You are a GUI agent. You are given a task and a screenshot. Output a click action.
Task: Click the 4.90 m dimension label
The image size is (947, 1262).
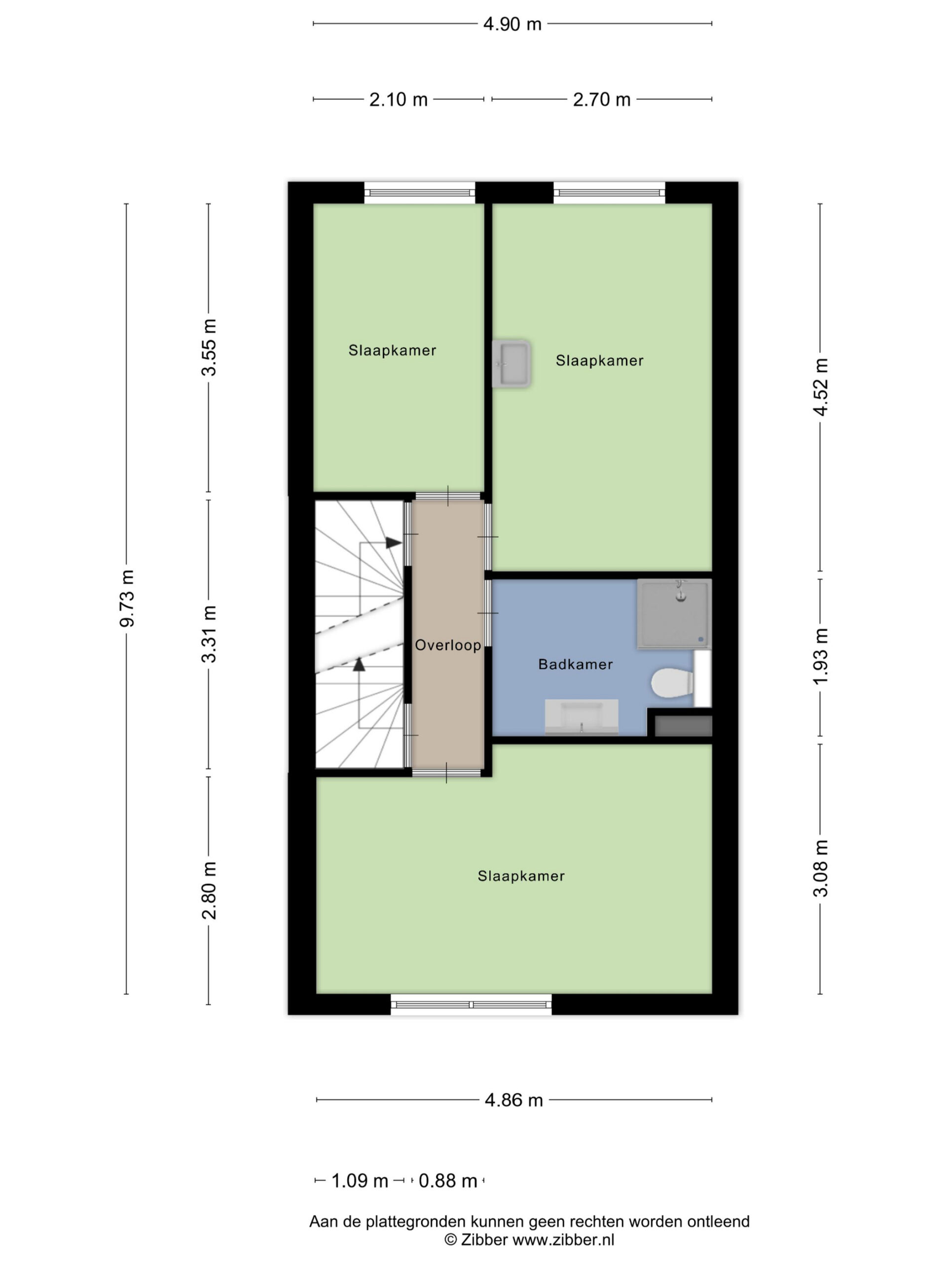pos(512,24)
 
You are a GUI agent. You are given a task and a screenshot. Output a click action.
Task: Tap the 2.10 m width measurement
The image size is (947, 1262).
pos(399,100)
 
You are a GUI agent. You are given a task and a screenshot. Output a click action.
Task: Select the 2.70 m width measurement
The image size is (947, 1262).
pos(602,100)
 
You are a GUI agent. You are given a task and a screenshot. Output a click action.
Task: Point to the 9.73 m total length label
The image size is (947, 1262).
pos(127,598)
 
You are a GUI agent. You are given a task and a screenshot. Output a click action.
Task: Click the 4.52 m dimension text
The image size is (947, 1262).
pos(820,387)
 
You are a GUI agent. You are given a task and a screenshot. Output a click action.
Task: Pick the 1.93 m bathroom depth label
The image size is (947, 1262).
pos(820,656)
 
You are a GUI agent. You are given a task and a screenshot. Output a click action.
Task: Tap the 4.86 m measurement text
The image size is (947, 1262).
pos(514,1099)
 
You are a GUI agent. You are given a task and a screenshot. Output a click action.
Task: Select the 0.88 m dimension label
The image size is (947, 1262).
pos(448,1181)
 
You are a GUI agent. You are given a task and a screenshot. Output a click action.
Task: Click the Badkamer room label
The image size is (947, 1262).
pos(576,664)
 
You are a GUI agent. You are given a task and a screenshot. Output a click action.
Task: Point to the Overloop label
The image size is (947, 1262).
pos(448,645)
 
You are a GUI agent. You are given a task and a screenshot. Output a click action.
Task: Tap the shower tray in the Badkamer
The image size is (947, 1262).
pos(674,614)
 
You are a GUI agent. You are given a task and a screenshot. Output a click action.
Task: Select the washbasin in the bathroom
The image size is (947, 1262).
pos(581,717)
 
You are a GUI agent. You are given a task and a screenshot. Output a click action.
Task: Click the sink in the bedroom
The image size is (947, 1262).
pos(511,364)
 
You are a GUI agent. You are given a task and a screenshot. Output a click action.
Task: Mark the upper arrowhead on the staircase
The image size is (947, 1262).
pos(393,543)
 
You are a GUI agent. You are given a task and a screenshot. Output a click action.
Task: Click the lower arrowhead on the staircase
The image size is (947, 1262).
pos(359,664)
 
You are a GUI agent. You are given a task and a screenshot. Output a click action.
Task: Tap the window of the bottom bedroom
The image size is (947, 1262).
pos(472,1005)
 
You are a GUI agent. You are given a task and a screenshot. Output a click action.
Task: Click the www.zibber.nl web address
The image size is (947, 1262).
pos(563,1240)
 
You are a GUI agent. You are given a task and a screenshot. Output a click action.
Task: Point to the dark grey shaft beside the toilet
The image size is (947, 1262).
pos(683,726)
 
